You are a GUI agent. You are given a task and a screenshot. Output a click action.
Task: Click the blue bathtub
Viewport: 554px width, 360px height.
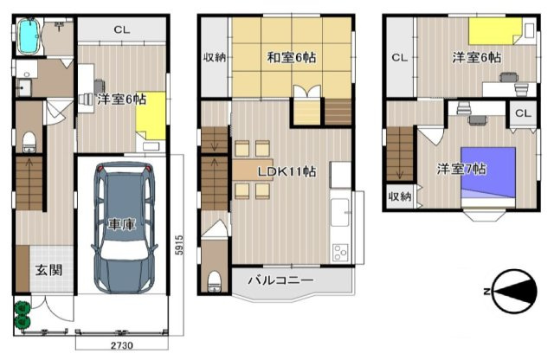[29, 36]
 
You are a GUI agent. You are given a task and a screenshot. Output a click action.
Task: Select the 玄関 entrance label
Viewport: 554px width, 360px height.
[48, 270]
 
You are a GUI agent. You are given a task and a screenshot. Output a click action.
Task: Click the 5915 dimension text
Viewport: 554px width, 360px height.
[179, 245]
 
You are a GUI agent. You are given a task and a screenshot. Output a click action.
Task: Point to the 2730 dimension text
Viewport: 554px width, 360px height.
[122, 345]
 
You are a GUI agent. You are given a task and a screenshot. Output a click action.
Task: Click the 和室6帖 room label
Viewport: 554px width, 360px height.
[292, 57]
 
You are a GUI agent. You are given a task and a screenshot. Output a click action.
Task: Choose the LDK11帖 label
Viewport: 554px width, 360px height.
[287, 172]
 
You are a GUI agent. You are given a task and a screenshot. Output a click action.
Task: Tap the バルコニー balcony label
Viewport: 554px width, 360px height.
[280, 280]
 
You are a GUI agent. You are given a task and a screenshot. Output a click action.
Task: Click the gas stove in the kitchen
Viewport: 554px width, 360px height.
[340, 253]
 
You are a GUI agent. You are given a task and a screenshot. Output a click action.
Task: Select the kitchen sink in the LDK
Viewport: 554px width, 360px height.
[340, 212]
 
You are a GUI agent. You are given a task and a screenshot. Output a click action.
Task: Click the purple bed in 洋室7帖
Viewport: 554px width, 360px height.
[488, 177]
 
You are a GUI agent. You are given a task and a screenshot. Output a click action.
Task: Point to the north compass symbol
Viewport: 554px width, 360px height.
[513, 292]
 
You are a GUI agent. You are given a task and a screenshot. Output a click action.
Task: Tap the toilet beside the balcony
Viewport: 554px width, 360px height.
[214, 281]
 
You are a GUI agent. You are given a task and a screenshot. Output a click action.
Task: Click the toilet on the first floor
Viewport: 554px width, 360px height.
[29, 142]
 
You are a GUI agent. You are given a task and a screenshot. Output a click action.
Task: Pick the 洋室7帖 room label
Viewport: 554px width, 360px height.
[461, 169]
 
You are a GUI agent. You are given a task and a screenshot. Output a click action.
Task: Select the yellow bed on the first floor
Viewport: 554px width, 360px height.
[151, 116]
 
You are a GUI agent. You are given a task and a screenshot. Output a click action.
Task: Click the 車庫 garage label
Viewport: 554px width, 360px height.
[122, 224]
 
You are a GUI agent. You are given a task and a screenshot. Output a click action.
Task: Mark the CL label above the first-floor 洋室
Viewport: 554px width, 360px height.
[122, 30]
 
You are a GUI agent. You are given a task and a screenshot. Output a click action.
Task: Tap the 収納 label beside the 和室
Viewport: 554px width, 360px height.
[215, 57]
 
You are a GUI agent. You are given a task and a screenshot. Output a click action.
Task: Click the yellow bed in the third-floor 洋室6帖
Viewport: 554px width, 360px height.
[495, 31]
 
